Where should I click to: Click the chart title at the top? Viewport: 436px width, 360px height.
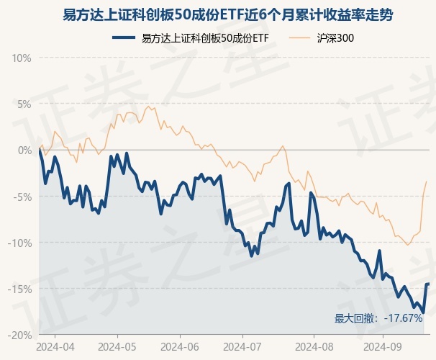coord(217,14)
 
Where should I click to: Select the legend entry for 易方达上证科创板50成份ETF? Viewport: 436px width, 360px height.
coord(194,37)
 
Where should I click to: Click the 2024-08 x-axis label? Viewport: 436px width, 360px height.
coord(314,346)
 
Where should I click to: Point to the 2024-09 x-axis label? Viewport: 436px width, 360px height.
coord(382,346)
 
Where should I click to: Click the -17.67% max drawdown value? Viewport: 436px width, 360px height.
coord(403,318)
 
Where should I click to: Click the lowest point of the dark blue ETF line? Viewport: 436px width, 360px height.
coord(423,312)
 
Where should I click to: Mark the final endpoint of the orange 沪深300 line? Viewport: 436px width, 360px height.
coord(427,181)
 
